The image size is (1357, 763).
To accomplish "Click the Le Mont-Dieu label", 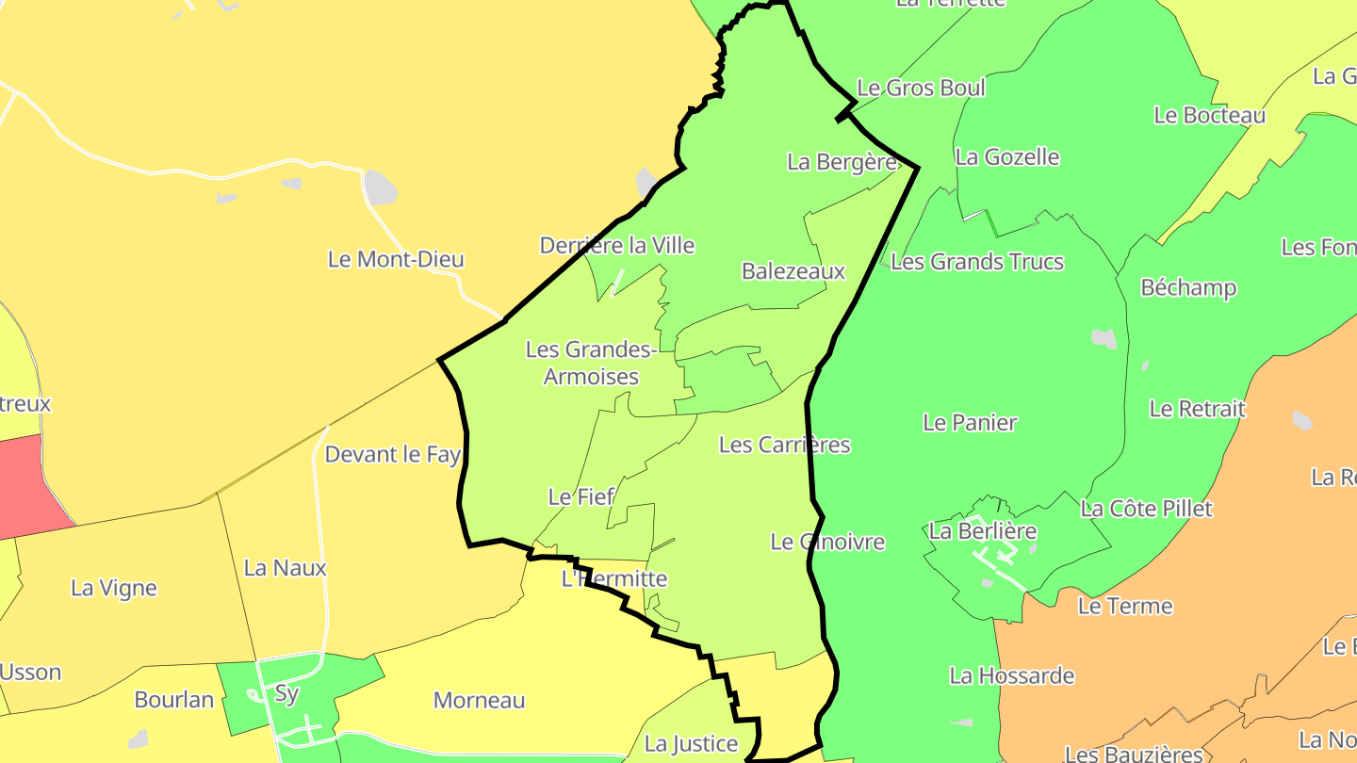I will coord(396,259).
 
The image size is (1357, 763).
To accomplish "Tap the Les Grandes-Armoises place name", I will coord(591,363).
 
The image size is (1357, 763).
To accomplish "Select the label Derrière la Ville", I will coord(617,246).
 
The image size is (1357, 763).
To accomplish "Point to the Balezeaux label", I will coord(793,271).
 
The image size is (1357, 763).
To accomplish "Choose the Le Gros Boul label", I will coord(921,89).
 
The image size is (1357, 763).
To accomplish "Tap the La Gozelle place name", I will coord(1007,157).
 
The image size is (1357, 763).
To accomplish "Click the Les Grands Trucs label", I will coord(977,262).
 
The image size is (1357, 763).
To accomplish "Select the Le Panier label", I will coord(970,423).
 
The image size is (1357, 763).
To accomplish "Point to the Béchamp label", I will coord(1188,287).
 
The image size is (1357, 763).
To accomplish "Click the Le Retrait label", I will coord(1197,409).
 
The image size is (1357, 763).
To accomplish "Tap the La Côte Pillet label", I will coord(1146,509).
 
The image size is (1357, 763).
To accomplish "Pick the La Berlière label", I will coord(983,531).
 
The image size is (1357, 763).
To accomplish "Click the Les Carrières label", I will coord(784,445).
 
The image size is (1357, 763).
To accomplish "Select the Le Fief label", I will coord(580,496).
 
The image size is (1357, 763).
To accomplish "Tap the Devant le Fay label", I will coord(392,455).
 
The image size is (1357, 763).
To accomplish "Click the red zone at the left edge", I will coord(28,485).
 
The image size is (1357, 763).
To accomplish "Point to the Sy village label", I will coord(286,695).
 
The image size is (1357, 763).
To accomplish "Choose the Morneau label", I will coord(479,701).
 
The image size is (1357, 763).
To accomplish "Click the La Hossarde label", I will coord(1012,675).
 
